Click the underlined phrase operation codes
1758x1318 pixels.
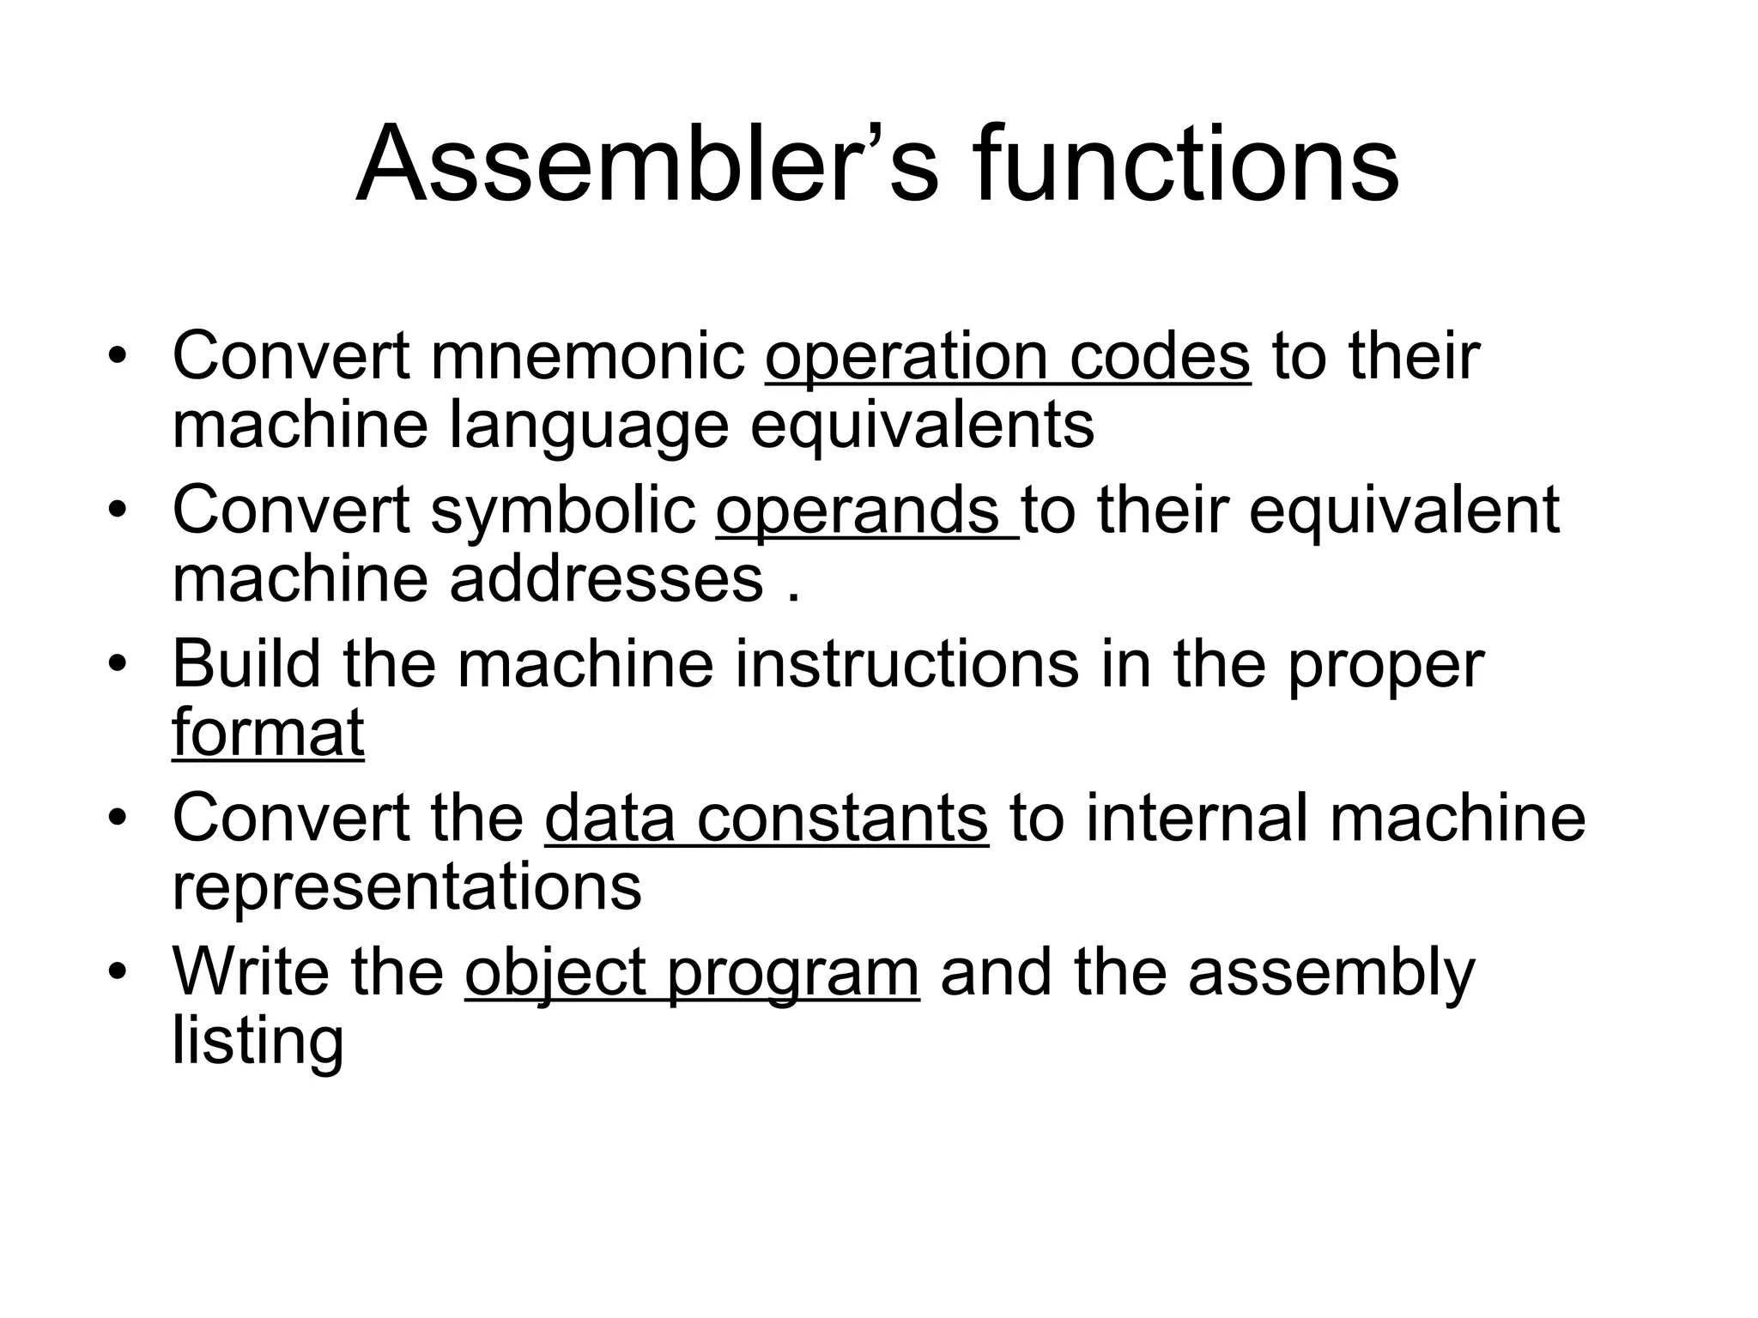point(1007,356)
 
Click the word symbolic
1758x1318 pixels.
point(562,510)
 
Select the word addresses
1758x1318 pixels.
point(606,579)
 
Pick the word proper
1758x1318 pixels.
point(1385,665)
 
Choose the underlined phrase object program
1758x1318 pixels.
point(692,973)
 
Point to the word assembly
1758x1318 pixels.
point(1331,973)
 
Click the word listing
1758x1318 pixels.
point(258,1042)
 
